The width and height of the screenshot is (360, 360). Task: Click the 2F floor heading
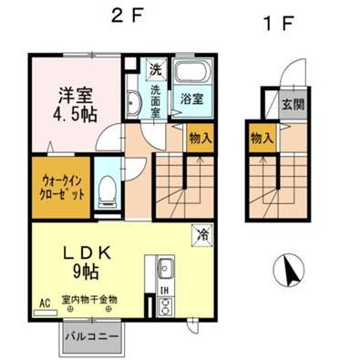(x=127, y=16)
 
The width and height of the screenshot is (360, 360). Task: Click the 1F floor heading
(x=279, y=24)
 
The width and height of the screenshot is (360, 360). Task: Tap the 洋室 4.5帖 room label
(x=75, y=104)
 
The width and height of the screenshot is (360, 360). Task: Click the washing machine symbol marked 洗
(x=156, y=70)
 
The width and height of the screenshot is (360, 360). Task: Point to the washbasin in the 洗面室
(x=132, y=103)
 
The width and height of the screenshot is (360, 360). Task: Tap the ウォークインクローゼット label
(x=62, y=188)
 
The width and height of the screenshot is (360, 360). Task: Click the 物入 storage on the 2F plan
(x=201, y=139)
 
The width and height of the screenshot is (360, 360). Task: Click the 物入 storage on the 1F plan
(x=262, y=139)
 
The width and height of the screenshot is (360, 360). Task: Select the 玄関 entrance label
(x=293, y=105)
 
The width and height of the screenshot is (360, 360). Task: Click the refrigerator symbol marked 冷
(x=202, y=235)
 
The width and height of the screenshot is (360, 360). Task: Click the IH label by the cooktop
(x=164, y=291)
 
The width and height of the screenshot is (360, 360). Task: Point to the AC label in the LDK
(x=45, y=303)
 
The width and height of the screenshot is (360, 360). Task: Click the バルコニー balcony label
(x=92, y=337)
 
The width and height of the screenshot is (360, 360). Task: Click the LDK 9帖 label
(x=86, y=262)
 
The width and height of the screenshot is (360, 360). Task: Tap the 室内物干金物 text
(x=89, y=300)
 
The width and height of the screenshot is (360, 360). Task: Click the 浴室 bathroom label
(x=191, y=99)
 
